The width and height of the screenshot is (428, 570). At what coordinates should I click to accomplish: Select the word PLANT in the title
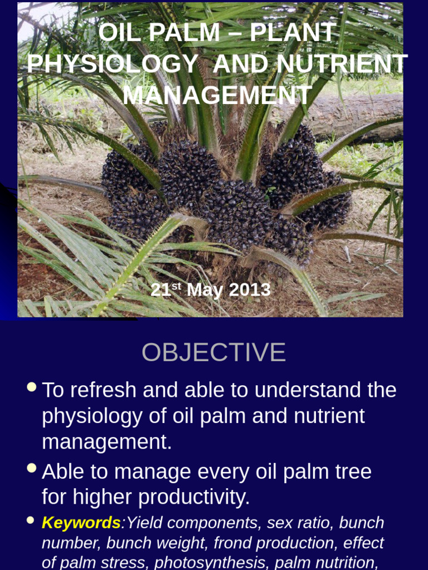point(293,33)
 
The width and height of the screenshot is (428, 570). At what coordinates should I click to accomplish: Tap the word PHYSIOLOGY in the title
point(113,64)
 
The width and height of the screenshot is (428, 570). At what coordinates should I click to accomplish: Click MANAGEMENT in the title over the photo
point(217,95)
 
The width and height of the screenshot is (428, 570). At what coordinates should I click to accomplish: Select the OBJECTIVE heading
point(213,352)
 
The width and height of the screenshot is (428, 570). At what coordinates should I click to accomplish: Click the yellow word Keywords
point(81,523)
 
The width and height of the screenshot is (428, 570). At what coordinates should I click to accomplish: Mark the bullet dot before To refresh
point(32,386)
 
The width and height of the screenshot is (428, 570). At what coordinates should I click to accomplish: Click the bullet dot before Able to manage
point(32,468)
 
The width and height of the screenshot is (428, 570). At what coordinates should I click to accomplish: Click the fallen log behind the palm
point(357,114)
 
